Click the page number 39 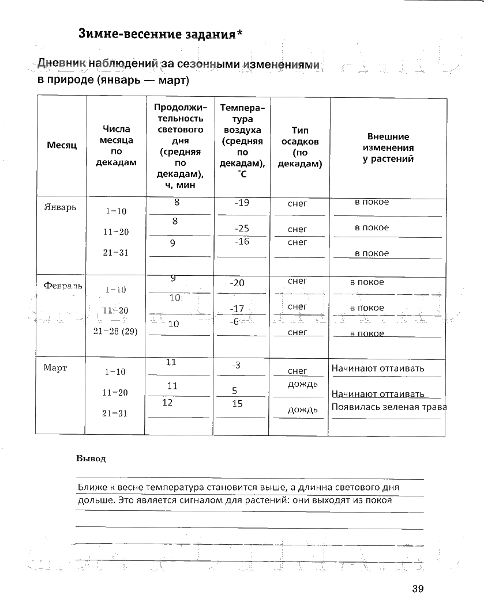pos(418,588)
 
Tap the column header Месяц pos(62,146)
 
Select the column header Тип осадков pos(300,147)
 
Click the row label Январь pos(60,207)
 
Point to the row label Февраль pos(63,285)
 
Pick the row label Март pos(55,367)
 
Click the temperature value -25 pos(242,229)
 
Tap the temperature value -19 pos(242,203)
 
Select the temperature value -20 pos(237,283)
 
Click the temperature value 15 pos(237,404)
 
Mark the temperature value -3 pos(236,365)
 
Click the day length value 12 pos(167,403)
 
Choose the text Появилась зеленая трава pos(389,407)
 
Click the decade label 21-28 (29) pos(115,331)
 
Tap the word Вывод pos(91,459)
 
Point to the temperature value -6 pos(234,322)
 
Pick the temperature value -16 pos(242,242)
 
